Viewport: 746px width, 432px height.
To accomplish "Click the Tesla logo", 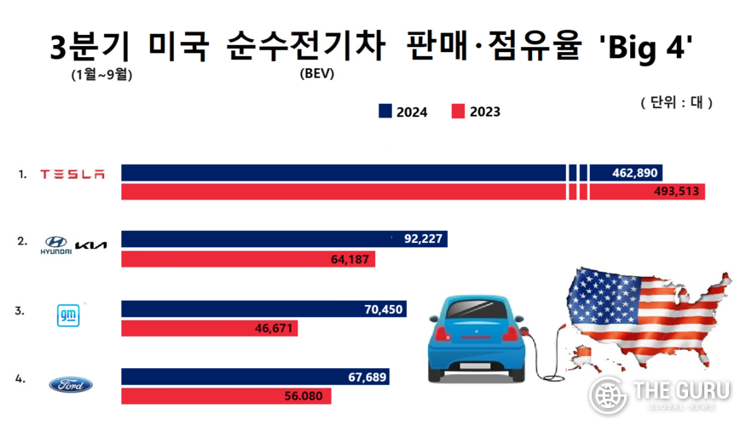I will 72,175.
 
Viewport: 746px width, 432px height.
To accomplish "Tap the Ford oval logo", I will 71,385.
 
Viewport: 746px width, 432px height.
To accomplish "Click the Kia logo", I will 91,246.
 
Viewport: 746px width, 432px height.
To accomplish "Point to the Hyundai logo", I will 56,245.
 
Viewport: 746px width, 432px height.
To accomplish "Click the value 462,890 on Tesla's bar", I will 634,173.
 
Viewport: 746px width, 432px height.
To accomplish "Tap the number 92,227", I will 423,239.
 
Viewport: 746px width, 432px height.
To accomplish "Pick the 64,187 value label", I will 350,258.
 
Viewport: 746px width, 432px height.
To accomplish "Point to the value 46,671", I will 273,327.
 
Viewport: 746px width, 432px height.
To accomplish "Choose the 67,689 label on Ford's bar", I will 368,377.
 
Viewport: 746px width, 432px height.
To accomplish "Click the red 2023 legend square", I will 457,112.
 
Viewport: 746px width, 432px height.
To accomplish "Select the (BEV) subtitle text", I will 316,73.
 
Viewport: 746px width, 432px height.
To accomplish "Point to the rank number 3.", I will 19,311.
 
